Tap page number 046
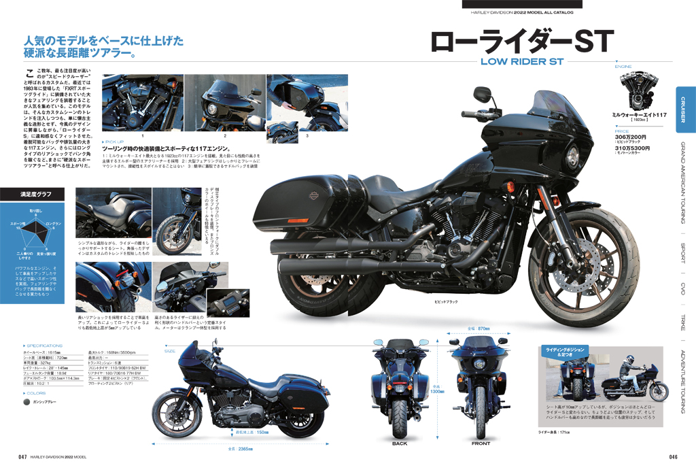click(673, 456)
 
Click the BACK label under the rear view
click(400, 443)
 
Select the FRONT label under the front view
click(481, 443)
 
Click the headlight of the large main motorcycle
click(572, 154)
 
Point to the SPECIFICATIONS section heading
click(46, 345)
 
